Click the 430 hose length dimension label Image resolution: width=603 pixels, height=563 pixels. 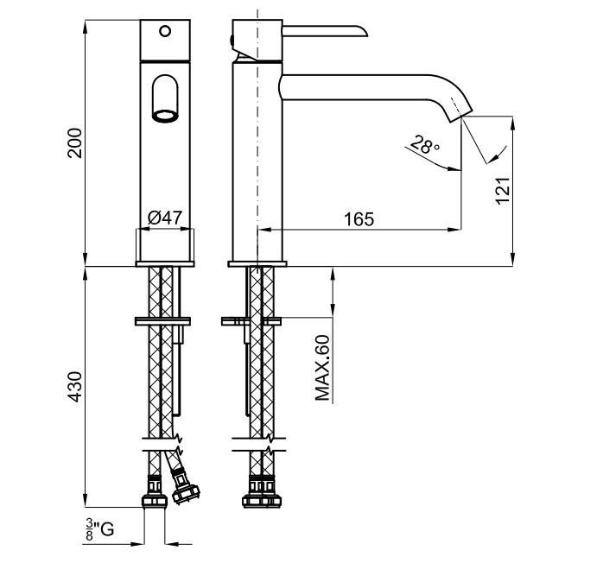[x=75, y=388]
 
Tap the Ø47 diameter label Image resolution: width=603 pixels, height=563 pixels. [x=164, y=218]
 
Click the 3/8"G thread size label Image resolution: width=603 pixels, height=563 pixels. [x=99, y=529]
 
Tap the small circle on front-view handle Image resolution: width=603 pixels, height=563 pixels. [x=164, y=32]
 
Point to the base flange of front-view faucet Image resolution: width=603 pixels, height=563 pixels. [x=165, y=262]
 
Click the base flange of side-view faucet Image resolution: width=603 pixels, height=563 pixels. [x=257, y=262]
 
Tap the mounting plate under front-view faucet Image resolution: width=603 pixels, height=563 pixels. [x=165, y=321]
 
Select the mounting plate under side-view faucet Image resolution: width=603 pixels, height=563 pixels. [x=251, y=321]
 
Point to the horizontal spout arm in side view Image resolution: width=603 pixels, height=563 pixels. [x=363, y=83]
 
